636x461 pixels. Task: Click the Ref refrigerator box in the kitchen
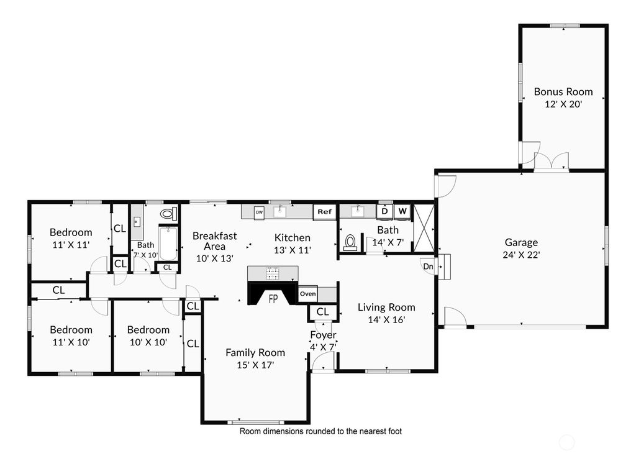(324, 212)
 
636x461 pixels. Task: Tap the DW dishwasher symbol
(259, 212)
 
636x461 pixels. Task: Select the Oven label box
(308, 294)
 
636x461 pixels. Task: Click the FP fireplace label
(273, 299)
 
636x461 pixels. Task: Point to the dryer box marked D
(384, 211)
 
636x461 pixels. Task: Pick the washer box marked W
(402, 211)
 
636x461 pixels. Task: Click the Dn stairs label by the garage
(429, 267)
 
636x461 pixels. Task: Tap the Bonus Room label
(563, 92)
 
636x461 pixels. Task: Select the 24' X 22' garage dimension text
(521, 255)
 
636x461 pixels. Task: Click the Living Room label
(386, 307)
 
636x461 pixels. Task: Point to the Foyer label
(323, 335)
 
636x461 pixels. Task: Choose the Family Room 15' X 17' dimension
(255, 365)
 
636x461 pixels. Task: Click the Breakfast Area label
(214, 241)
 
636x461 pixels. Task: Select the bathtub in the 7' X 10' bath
(168, 244)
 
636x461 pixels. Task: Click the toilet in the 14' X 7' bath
(350, 242)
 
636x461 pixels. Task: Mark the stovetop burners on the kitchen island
(273, 273)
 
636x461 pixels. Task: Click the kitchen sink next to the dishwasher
(279, 211)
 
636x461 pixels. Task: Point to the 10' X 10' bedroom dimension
(148, 342)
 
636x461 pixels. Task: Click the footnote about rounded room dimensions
(320, 431)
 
